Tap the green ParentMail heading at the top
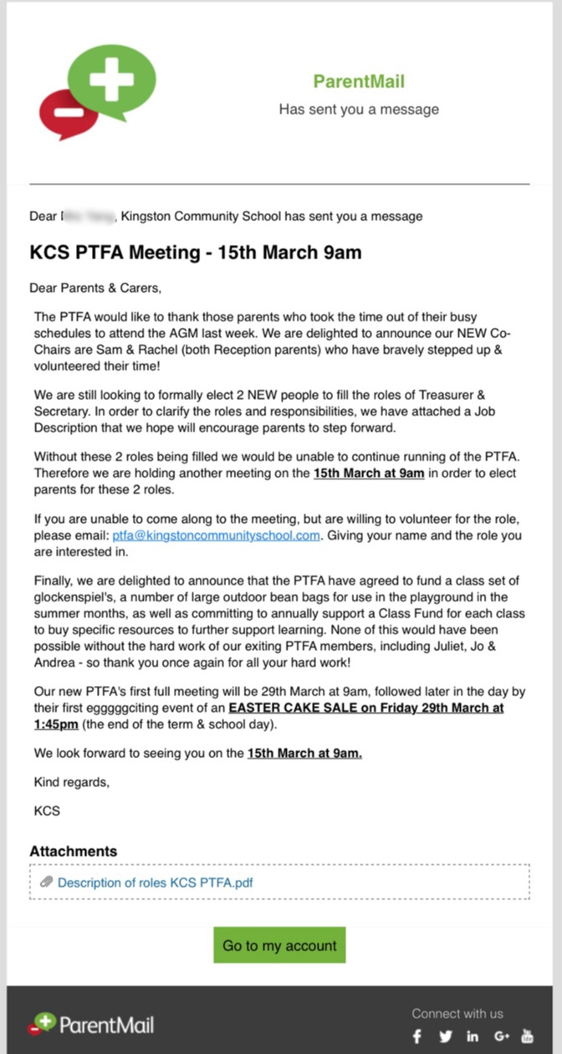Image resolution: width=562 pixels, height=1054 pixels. click(x=359, y=81)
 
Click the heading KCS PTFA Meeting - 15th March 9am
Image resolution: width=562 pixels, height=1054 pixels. click(x=196, y=253)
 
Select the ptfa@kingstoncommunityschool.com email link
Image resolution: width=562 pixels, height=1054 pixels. click(x=216, y=535)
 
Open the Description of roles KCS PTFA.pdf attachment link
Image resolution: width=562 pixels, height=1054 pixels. click(x=156, y=883)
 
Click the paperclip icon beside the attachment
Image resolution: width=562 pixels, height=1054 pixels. click(x=47, y=883)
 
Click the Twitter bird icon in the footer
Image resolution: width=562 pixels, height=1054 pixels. click(x=446, y=1036)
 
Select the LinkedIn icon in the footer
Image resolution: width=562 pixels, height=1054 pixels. click(x=473, y=1036)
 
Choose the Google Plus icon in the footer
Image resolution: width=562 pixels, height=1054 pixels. click(x=502, y=1036)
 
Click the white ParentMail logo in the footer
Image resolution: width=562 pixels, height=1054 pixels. click(x=91, y=1024)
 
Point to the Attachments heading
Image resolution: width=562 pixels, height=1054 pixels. click(x=74, y=852)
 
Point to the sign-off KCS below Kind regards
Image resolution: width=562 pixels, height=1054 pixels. click(x=47, y=811)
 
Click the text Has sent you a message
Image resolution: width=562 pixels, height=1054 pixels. click(x=359, y=110)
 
